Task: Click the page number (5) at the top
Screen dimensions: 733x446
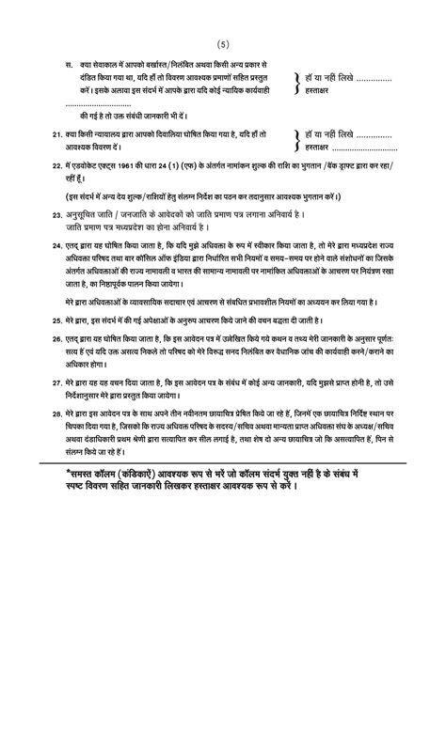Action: pyautogui.click(x=223, y=44)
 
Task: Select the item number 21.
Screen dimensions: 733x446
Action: pyautogui.click(x=57, y=135)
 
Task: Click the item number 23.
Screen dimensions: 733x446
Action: pyautogui.click(x=57, y=215)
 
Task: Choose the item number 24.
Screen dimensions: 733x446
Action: pyautogui.click(x=57, y=243)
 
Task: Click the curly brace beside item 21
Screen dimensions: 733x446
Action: pyautogui.click(x=299, y=141)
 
